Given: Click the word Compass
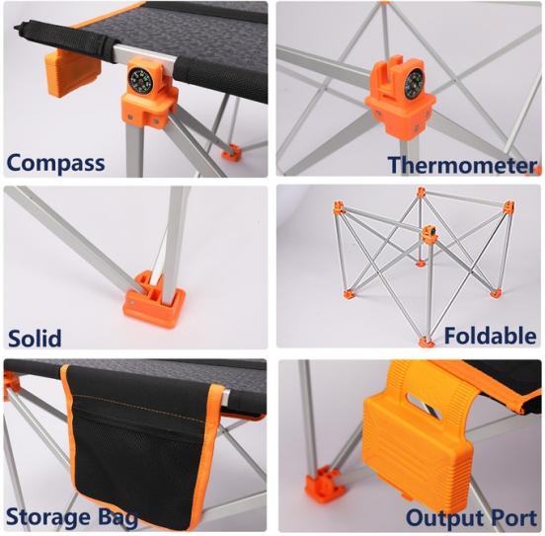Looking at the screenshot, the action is click(55, 163).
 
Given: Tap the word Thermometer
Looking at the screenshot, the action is click(463, 165).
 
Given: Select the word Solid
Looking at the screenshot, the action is click(35, 338).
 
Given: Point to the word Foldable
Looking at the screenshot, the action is click(490, 336).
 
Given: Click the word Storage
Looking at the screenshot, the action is click(48, 517).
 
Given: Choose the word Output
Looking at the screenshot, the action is click(444, 518).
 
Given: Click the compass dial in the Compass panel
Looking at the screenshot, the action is click(140, 81).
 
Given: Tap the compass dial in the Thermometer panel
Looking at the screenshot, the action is click(416, 83).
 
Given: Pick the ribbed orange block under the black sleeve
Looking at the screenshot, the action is click(72, 72).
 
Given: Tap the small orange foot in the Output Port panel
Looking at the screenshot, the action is click(325, 484).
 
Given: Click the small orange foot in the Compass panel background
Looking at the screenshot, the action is click(232, 152).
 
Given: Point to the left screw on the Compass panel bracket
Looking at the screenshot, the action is click(130, 116).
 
